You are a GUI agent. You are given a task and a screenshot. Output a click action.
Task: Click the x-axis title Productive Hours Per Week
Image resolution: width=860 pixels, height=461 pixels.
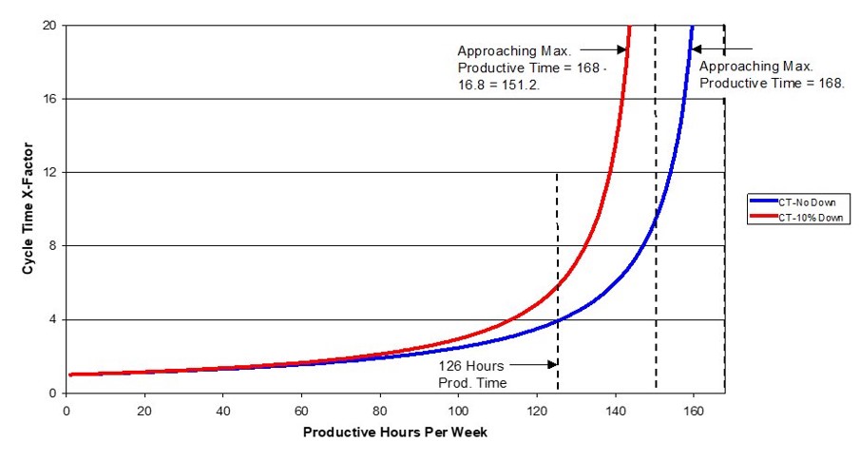[395, 432]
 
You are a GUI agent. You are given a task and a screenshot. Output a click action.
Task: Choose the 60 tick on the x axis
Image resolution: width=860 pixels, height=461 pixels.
[301, 410]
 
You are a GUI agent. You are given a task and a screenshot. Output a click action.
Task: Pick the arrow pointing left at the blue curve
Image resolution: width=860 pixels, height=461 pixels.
[722, 48]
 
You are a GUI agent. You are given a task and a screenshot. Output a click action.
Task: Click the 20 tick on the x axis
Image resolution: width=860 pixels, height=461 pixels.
[143, 410]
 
